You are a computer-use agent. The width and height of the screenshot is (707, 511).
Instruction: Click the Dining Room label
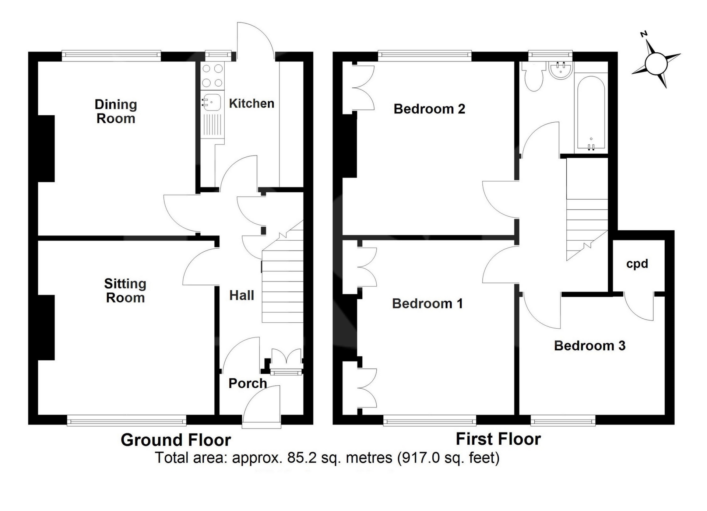[x=116, y=111]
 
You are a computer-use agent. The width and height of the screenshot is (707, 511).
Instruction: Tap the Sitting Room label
[x=125, y=291]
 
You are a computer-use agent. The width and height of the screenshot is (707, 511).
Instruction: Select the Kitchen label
[x=252, y=104]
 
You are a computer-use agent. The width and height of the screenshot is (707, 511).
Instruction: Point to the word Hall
[x=242, y=295]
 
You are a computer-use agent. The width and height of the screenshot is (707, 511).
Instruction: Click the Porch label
[x=247, y=383]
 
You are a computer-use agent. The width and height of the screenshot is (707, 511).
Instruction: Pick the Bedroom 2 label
[x=429, y=109]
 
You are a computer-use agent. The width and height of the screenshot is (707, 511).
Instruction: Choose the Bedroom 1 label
[x=427, y=304]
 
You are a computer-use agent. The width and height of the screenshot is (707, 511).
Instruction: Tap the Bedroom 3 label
[x=590, y=346]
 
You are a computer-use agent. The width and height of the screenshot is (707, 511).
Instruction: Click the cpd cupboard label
[x=637, y=264]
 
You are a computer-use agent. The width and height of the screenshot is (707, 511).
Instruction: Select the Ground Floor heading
[x=176, y=440]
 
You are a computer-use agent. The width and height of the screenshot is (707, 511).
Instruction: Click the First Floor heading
[x=498, y=439]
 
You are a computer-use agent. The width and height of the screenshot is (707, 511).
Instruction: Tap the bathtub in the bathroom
[x=591, y=113]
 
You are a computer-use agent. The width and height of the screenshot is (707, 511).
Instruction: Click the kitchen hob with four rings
[x=212, y=76]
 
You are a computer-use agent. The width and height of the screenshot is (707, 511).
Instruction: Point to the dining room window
[x=111, y=56]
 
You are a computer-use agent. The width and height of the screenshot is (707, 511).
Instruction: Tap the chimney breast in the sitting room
[x=46, y=328]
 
